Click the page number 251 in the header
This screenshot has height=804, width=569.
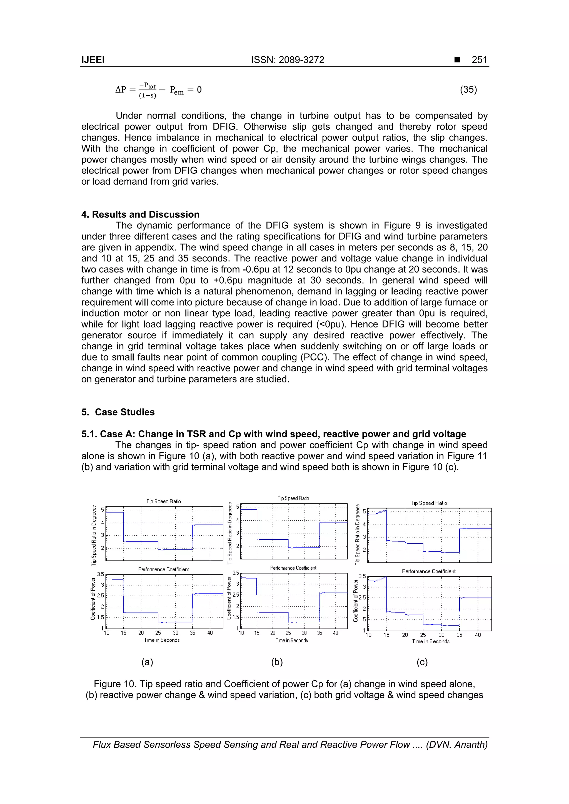[x=479, y=60]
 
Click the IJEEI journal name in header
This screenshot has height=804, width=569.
[x=93, y=60]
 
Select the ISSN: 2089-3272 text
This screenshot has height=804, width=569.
[x=288, y=60]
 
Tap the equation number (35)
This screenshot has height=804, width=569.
[x=468, y=90]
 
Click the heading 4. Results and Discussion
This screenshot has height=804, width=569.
[x=140, y=214]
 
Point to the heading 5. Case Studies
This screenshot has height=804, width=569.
[x=118, y=412]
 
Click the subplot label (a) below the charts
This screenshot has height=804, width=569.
[x=147, y=662]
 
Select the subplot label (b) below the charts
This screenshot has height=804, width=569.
[x=277, y=662]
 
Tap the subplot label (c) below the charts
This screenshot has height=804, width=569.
[x=422, y=662]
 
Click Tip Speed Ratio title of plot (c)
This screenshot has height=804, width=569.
[x=429, y=503]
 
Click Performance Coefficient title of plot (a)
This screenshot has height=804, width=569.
[x=163, y=569]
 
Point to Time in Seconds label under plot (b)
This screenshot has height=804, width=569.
[x=291, y=640]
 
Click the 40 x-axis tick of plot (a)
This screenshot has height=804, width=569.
[x=210, y=633]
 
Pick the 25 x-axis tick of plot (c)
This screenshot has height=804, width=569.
[x=423, y=635]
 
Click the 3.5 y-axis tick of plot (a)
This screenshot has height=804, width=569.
[x=100, y=574]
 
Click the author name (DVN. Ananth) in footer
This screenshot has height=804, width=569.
[x=456, y=745]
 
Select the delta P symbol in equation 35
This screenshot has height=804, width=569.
[x=121, y=90]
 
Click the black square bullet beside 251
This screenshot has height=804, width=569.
[x=457, y=60]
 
